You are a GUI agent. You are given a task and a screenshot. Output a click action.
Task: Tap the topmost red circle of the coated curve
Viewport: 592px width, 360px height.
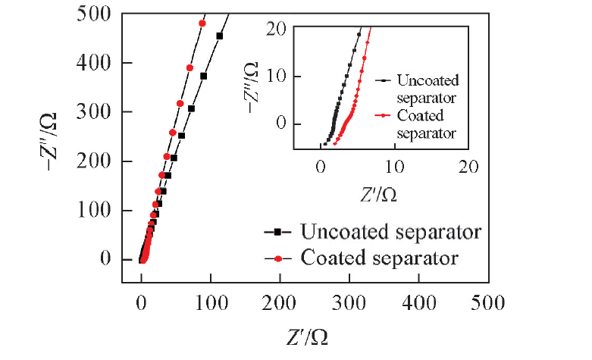click(202, 23)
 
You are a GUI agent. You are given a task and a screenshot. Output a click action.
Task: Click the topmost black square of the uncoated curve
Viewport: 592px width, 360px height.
click(220, 36)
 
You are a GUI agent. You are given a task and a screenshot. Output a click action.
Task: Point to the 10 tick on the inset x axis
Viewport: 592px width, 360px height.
click(393, 166)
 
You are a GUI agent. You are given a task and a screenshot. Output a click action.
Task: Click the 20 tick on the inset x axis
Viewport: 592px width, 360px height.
click(468, 166)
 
